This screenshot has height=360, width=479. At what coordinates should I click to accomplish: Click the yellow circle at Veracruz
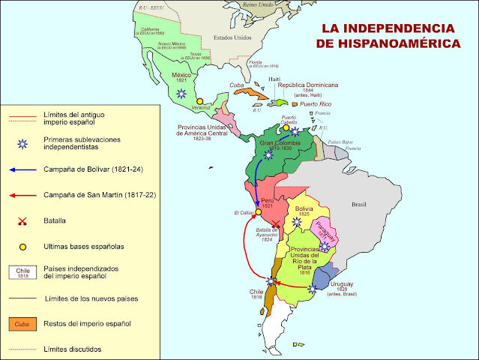(x=199, y=100)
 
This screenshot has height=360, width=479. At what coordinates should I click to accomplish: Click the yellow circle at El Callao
(x=258, y=211)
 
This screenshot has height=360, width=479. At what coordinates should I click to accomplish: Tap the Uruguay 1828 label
(x=344, y=288)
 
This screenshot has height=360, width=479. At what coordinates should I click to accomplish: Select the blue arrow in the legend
(x=26, y=169)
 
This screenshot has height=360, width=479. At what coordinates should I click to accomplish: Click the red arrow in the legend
(x=26, y=195)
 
